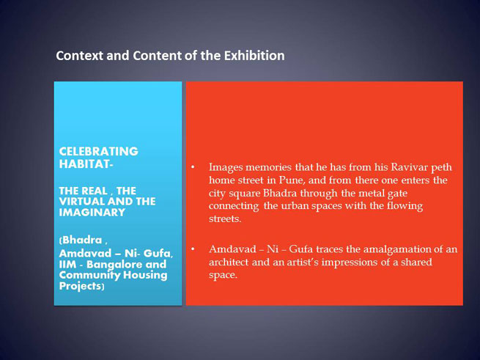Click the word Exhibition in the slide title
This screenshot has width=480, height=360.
[x=254, y=56]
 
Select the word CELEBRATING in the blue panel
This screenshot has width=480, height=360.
[x=99, y=151]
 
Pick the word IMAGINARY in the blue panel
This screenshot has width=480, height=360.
[x=92, y=213]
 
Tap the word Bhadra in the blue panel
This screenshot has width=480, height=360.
[x=82, y=240]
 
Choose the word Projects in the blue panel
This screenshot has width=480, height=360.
[x=80, y=286]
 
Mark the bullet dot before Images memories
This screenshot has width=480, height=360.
[x=193, y=167]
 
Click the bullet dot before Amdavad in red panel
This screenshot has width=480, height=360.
[x=193, y=249]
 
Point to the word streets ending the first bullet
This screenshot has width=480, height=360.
[x=225, y=218]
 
